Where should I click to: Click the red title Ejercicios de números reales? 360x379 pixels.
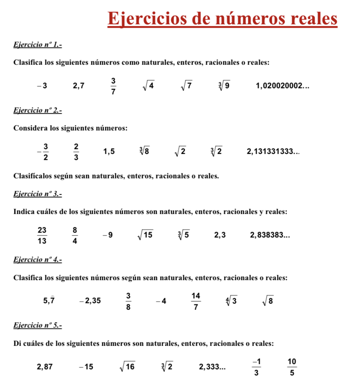click(222, 19)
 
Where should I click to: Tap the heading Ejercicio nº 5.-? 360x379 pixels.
click(38, 325)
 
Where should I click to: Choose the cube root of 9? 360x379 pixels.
click(224, 86)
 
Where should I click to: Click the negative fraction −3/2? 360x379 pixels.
click(44, 152)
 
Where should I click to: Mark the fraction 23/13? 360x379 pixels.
click(42, 235)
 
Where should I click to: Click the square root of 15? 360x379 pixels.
click(145, 235)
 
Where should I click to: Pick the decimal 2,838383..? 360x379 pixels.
click(270, 235)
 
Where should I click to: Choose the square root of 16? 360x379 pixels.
click(127, 366)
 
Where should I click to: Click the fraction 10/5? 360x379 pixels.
click(292, 366)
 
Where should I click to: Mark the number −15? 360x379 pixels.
click(86, 366)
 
